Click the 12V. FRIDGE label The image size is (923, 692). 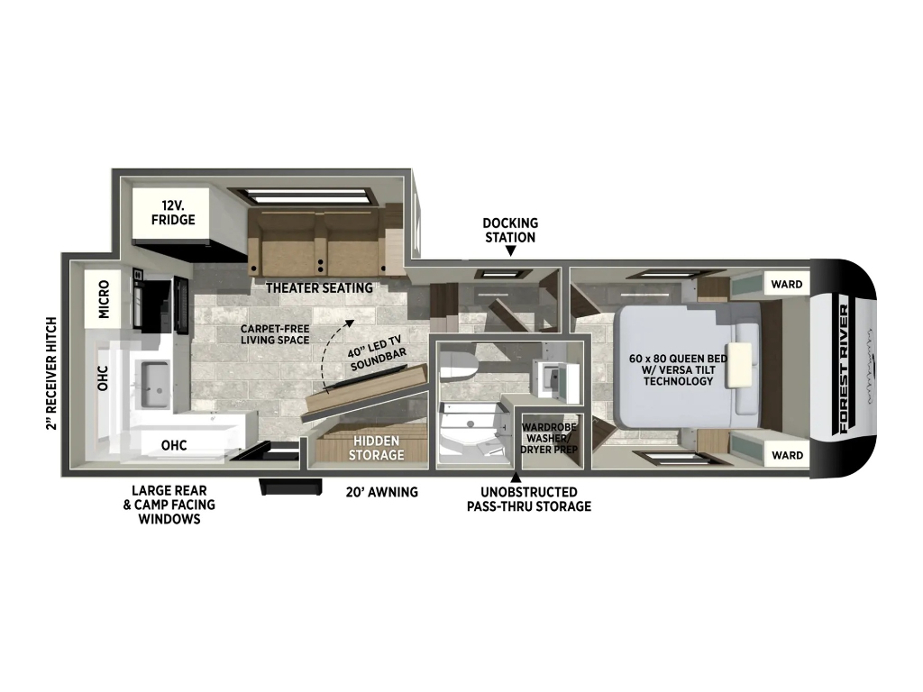click(x=173, y=213)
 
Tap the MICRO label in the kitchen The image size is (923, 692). click(x=104, y=299)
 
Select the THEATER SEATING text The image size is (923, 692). click(x=319, y=287)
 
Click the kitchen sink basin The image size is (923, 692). click(x=155, y=384)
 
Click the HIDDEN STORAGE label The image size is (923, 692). click(x=376, y=448)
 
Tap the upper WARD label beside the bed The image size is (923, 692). click(x=786, y=284)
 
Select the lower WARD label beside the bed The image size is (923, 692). click(x=787, y=455)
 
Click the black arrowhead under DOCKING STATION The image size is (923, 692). click(x=511, y=251)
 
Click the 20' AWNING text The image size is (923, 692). click(x=382, y=492)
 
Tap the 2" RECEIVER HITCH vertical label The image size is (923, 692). click(x=51, y=374)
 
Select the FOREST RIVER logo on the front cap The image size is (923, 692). click(x=844, y=369)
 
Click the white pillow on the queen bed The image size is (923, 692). click(x=740, y=365)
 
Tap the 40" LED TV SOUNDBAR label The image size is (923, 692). click(x=377, y=353)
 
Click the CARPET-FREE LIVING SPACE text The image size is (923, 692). click(x=275, y=334)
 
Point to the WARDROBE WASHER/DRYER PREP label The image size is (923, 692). click(x=549, y=438)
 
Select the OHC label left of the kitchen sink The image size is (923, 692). click(x=103, y=378)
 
